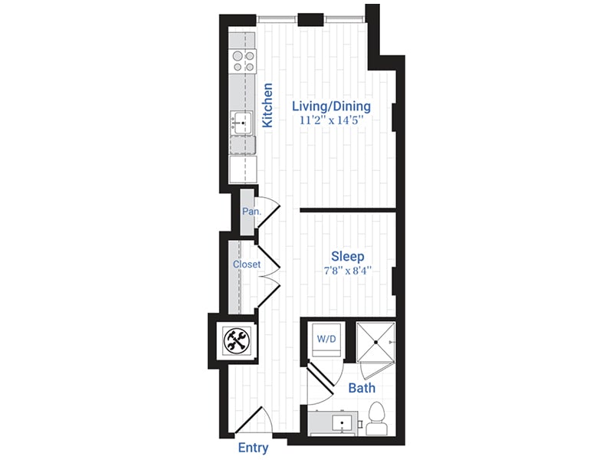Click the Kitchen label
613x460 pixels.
click(267, 105)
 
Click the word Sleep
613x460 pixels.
click(347, 256)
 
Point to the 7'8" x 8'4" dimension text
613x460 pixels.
click(347, 270)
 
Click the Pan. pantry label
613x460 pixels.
click(250, 212)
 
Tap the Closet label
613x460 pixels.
click(247, 264)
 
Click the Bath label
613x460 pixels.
click(362, 388)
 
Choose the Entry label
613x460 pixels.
click(253, 447)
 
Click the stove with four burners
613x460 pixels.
click(243, 61)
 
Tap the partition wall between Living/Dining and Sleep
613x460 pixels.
click(346, 209)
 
